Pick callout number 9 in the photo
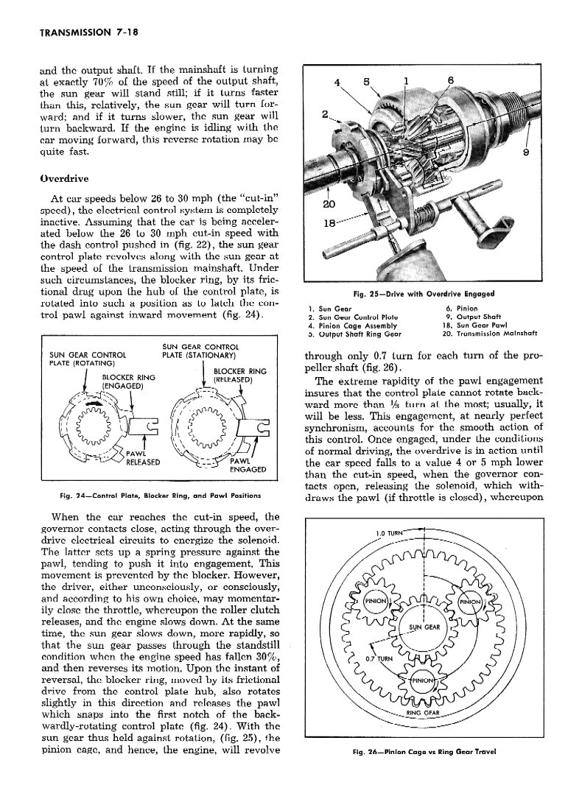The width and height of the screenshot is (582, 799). tap(526, 152)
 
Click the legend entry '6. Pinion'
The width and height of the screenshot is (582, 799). tap(461, 309)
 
